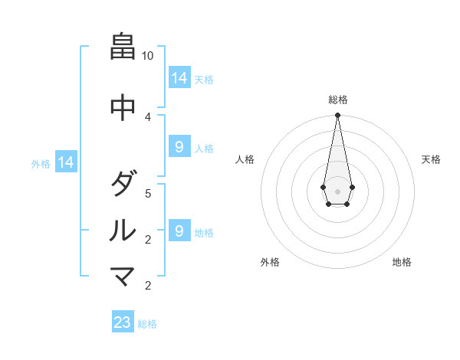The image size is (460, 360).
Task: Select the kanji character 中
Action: point(123,106)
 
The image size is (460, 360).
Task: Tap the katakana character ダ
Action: point(123,184)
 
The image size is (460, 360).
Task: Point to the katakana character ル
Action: point(123,230)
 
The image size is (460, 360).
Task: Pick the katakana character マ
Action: point(123,277)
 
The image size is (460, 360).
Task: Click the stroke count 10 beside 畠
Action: point(148,56)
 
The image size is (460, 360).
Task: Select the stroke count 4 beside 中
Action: point(148,116)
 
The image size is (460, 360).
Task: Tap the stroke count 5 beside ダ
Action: point(148,193)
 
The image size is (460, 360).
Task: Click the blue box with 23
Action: point(123,322)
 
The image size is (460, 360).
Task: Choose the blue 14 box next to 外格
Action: point(66,162)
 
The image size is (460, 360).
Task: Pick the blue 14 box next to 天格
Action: point(179,78)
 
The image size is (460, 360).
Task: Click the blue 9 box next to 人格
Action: point(179,147)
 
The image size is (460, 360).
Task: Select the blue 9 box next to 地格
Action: point(179,231)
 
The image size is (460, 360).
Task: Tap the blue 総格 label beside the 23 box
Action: point(147,324)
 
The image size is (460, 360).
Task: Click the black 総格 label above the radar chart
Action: point(337,100)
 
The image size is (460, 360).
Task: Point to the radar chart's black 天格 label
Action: point(431,159)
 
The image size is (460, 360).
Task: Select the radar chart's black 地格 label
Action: point(402,262)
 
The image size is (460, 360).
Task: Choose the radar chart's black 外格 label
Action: point(270,262)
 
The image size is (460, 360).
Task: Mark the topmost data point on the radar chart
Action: point(337,116)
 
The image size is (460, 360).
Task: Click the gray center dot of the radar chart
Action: point(337,191)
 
